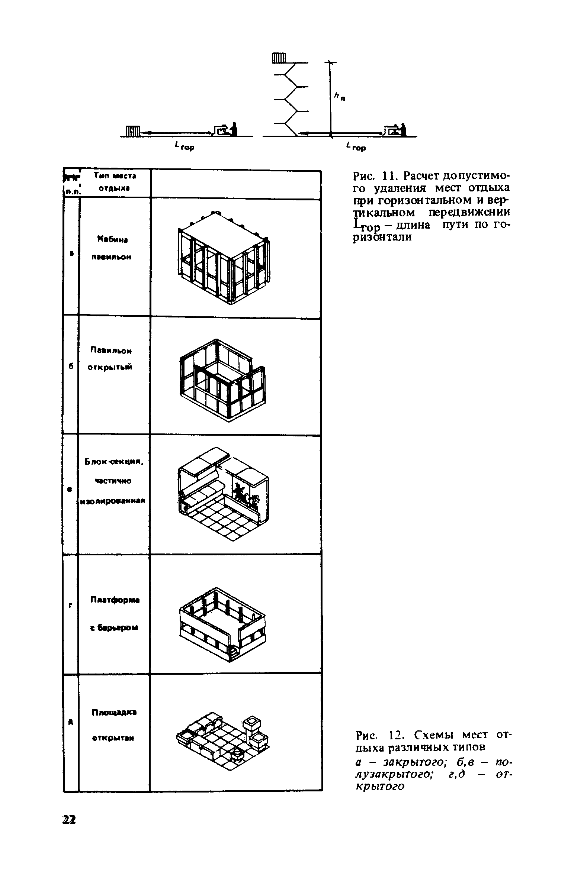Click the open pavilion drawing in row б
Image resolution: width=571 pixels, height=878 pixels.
click(x=222, y=379)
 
